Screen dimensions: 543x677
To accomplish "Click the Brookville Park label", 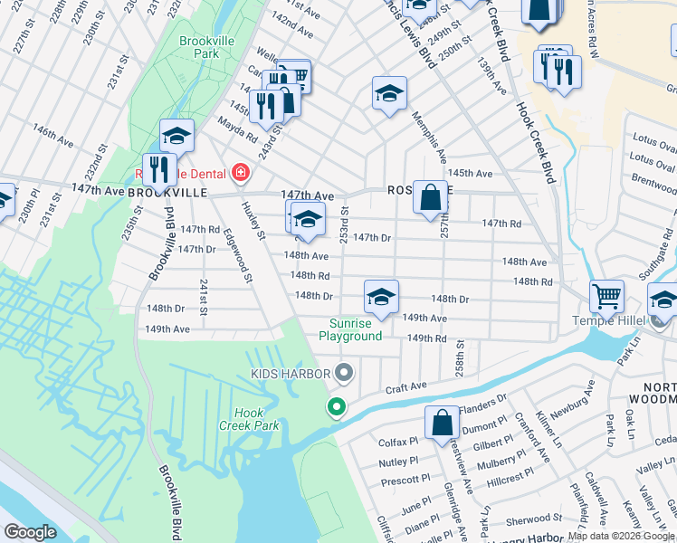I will pyautogui.click(x=199, y=47).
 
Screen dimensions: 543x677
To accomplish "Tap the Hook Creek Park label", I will pyautogui.click(x=242, y=418).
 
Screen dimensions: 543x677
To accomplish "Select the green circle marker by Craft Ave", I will pyautogui.click(x=337, y=407).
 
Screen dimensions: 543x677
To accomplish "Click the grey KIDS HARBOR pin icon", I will pyautogui.click(x=343, y=372).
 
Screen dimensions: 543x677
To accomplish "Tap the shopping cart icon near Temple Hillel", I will pyautogui.click(x=606, y=294).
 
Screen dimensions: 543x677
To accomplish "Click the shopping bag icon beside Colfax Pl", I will pyautogui.click(x=442, y=423).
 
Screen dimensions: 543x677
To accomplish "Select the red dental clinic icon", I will pyautogui.click(x=240, y=172).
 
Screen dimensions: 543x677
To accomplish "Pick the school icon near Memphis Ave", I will pyautogui.click(x=389, y=93).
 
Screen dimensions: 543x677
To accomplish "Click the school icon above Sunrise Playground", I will pyautogui.click(x=381, y=297).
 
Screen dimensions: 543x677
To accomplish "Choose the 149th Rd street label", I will pyautogui.click(x=426, y=338).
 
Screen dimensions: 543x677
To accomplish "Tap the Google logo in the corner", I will pyautogui.click(x=30, y=532).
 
